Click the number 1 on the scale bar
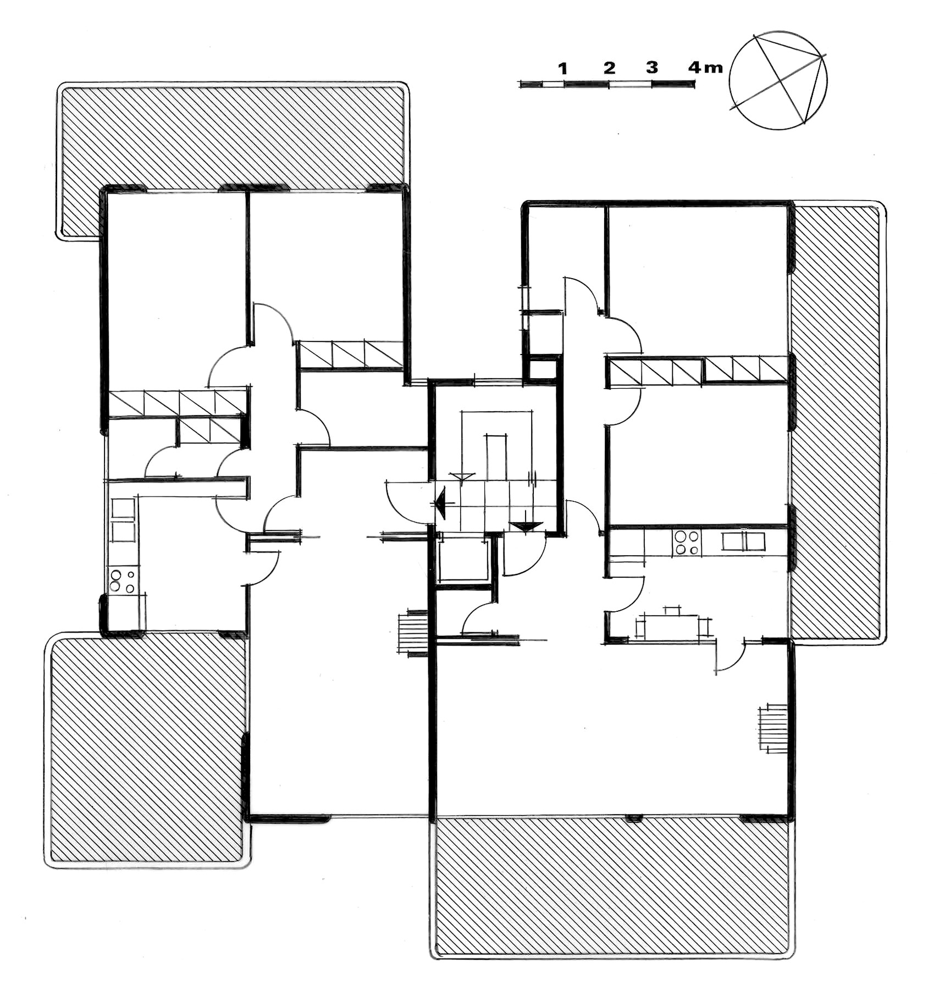pyautogui.click(x=562, y=68)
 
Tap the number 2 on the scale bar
pyautogui.click(x=609, y=68)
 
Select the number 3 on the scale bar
pyautogui.click(x=652, y=68)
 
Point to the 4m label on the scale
pyautogui.click(x=705, y=68)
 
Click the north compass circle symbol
pyautogui.click(x=778, y=80)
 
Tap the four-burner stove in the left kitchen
pyautogui.click(x=123, y=581)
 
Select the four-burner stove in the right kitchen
pyautogui.click(x=687, y=542)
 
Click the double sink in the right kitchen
pyautogui.click(x=743, y=541)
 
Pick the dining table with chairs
pyautogui.click(x=673, y=625)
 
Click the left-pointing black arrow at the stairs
pyautogui.click(x=440, y=503)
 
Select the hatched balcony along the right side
pyautogui.click(x=837, y=422)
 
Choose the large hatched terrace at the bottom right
pyautogui.click(x=611, y=885)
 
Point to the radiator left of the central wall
pyautogui.click(x=413, y=633)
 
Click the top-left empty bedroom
pyautogui.click(x=176, y=291)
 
